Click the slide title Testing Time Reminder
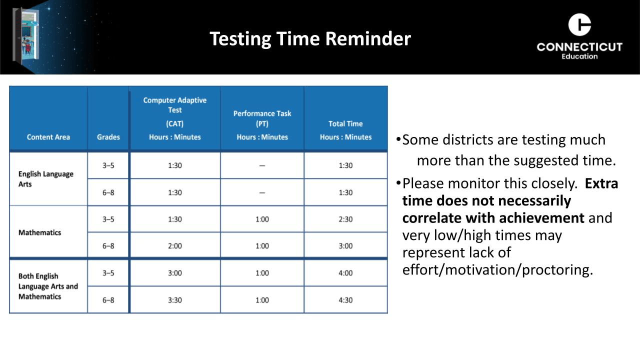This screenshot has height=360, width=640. pos(310,39)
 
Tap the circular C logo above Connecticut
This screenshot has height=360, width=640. pos(579,24)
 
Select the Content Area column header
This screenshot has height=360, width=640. pos(48,137)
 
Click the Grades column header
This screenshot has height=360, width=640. pos(108,137)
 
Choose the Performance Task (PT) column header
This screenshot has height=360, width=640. pos(262,118)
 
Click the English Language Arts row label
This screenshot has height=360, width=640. pos(45,179)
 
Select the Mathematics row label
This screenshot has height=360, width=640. pos(39,232)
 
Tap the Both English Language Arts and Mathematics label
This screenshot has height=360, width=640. pos(48,286)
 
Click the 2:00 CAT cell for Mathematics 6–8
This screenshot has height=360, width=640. pos(175,246)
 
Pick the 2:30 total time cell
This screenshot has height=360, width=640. pos(345,219)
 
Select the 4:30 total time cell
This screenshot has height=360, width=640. pos(345,300)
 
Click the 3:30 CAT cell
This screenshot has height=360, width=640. pos(175,300)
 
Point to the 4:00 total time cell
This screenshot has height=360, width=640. pos(345,273)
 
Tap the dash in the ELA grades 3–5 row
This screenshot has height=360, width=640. pos(262,165)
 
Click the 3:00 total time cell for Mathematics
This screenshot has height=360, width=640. pos(345,246)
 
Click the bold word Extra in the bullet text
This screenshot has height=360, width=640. pos(601,183)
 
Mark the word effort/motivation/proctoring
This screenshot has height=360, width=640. pos(497,270)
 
